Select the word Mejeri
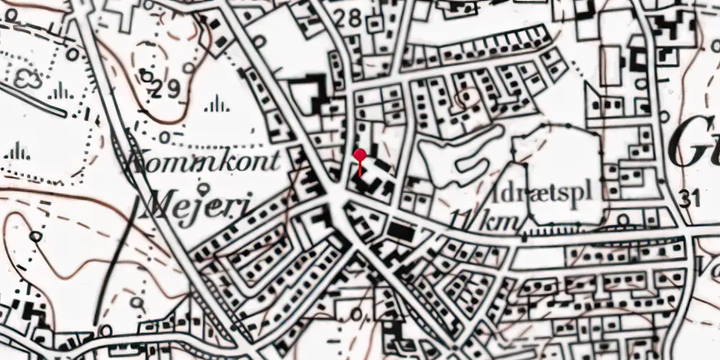click(x=195, y=207)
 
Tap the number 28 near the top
click(x=351, y=19)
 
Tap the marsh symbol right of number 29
click(x=217, y=107)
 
